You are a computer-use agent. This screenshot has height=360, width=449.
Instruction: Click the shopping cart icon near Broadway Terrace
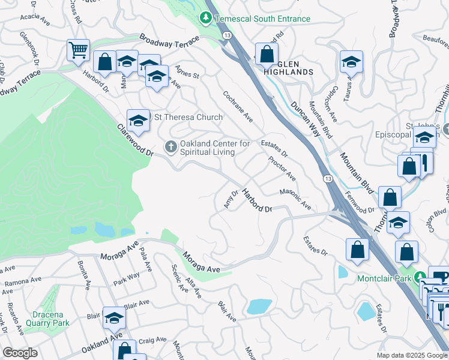point(78,51)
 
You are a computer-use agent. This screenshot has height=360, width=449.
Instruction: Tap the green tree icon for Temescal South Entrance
point(206,19)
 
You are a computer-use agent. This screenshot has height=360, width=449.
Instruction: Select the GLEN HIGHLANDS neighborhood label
point(288,71)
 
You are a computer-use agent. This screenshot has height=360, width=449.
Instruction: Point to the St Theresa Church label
point(188,117)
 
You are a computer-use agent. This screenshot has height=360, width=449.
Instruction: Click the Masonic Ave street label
point(295,200)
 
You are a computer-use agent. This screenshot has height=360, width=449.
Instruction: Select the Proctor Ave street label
point(282,169)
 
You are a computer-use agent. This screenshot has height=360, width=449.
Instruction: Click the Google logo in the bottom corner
point(19,353)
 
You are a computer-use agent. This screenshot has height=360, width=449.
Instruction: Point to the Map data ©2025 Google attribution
point(412,355)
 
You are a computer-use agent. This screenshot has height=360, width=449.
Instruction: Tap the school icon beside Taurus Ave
point(351,62)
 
